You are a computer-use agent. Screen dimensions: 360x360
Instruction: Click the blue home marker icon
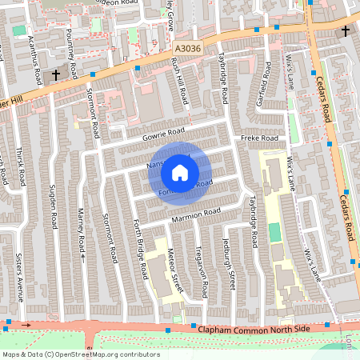click(180, 172)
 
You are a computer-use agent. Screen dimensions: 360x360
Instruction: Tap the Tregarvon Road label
click(201, 263)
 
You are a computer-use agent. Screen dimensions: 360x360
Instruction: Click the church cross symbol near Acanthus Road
click(56, 74)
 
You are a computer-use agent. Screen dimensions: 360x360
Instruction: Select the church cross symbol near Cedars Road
click(345, 31)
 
